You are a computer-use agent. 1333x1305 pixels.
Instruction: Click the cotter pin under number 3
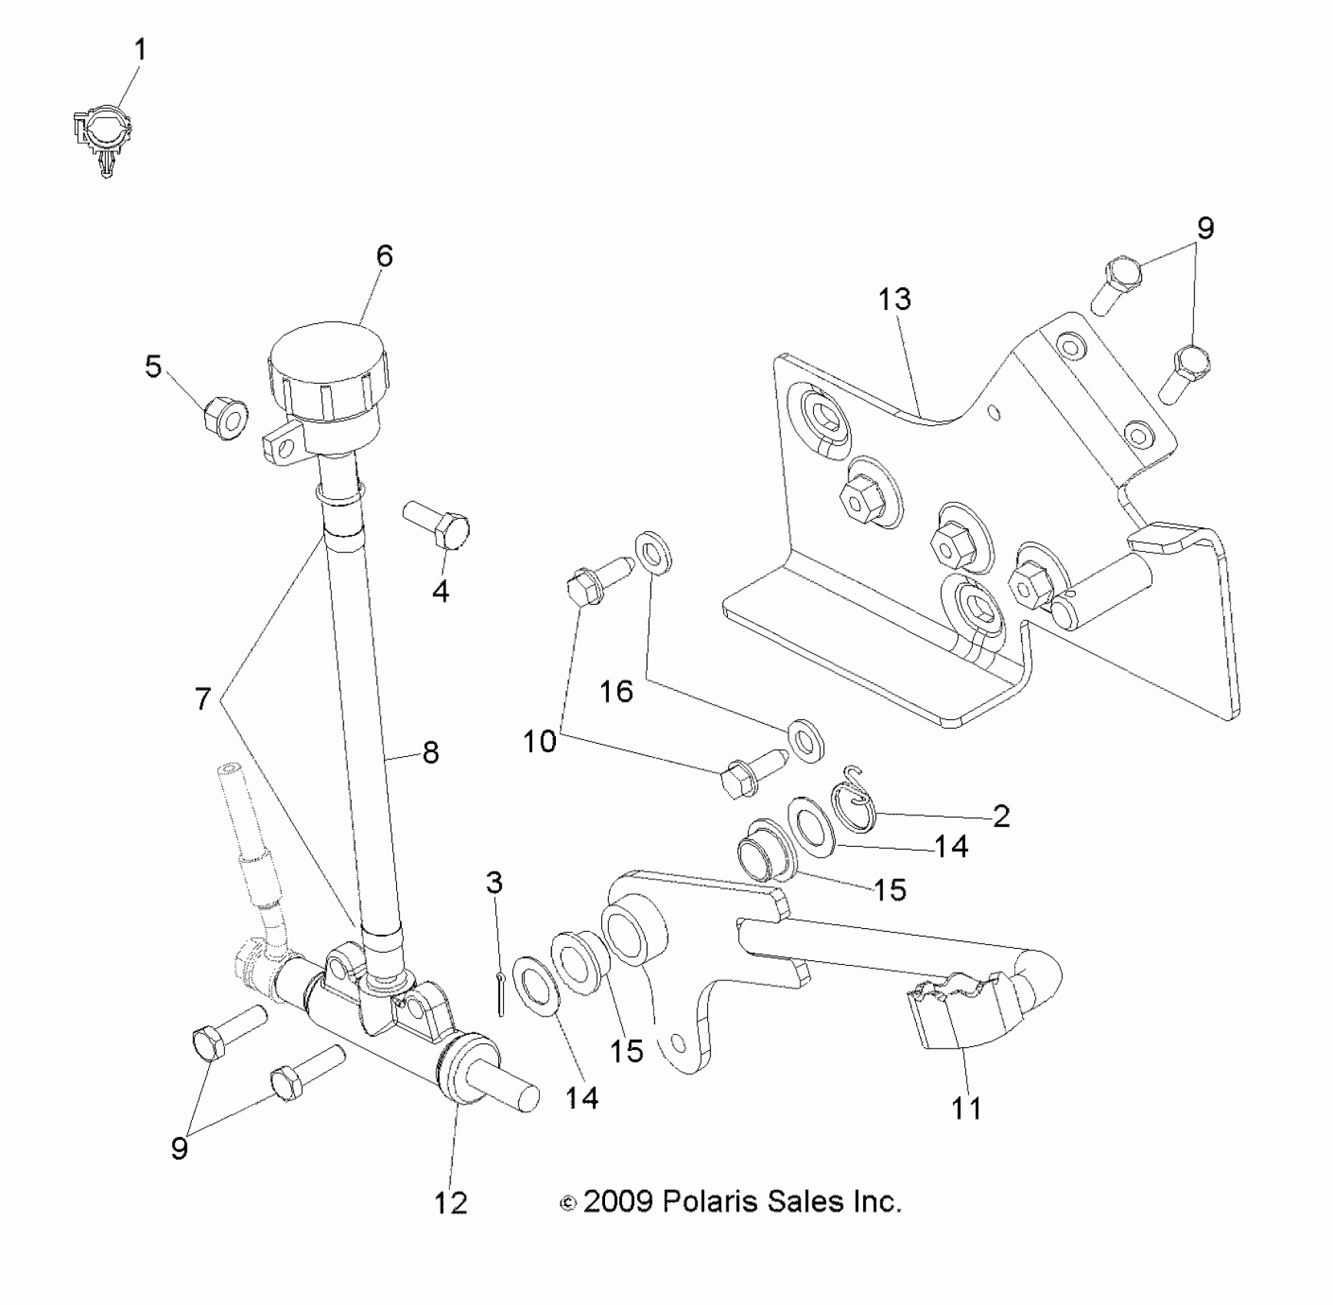(x=500, y=995)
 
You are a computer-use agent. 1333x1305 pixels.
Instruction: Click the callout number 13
(x=895, y=299)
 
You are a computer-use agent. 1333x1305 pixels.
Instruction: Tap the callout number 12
(x=451, y=1202)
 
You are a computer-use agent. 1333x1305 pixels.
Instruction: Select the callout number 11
(x=966, y=1108)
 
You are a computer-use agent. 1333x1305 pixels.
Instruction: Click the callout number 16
(x=616, y=692)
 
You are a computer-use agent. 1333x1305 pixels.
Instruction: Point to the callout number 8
(x=431, y=752)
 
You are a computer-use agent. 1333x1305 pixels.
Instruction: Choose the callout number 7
(x=203, y=699)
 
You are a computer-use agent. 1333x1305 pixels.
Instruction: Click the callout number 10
(x=539, y=742)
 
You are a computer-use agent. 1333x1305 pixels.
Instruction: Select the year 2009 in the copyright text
(x=618, y=1201)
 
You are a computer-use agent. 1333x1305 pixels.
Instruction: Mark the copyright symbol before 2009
(x=568, y=1204)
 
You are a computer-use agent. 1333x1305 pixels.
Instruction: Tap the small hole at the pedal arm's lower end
(x=677, y=1042)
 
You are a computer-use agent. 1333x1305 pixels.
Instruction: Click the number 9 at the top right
(x=1206, y=228)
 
